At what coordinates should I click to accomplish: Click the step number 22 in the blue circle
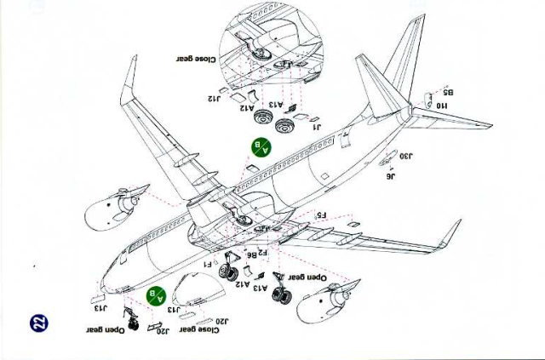coord(38,323)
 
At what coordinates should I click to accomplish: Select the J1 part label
coord(318,127)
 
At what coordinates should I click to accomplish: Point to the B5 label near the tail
coord(448,92)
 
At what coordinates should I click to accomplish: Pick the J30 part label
coord(406,156)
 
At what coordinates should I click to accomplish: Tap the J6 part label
coord(391,175)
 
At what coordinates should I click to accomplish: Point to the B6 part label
coord(251,254)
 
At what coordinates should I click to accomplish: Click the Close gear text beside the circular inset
coord(196,60)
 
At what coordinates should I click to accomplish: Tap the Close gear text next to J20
coord(199,330)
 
